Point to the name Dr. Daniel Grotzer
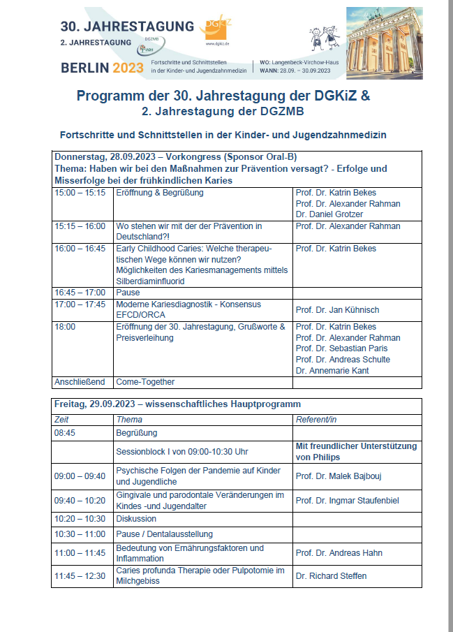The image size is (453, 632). point(329,214)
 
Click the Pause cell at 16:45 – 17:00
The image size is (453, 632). point(128,293)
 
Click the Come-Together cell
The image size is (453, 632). point(146,382)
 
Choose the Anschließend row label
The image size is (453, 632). point(79,382)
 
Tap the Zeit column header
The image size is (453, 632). point(62,420)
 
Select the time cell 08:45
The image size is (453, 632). point(66,433)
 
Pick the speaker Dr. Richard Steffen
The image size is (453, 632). point(331,576)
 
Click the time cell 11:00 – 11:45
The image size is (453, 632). point(80,553)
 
